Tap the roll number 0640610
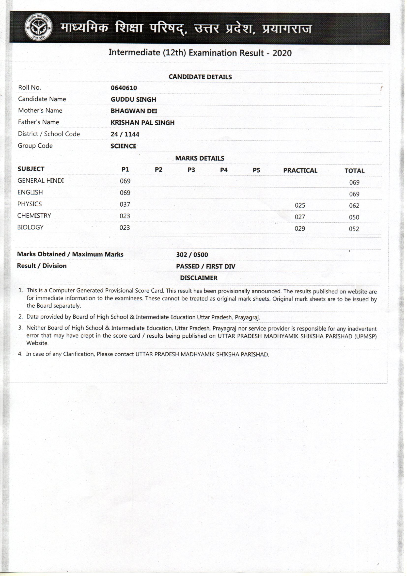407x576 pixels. [x=124, y=88]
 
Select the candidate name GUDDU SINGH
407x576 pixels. [x=133, y=99]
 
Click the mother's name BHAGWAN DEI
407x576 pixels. [x=134, y=111]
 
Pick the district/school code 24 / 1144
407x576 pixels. [x=125, y=134]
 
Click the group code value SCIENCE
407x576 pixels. [x=123, y=146]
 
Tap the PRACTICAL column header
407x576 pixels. [x=300, y=171]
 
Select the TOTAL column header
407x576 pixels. [x=354, y=171]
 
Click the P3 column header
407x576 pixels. [x=191, y=170]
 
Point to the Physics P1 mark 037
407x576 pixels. [x=125, y=204]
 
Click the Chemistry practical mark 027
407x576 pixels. [x=300, y=217]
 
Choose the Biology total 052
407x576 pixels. [x=354, y=229]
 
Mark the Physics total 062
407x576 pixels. [x=354, y=206]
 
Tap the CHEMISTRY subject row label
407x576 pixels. [x=34, y=216]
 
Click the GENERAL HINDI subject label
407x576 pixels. [x=41, y=181]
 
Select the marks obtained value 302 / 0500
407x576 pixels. [x=192, y=255]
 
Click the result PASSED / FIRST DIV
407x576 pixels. [x=205, y=266]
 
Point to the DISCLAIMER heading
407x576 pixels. [x=199, y=278]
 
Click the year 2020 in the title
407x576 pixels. [x=282, y=53]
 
